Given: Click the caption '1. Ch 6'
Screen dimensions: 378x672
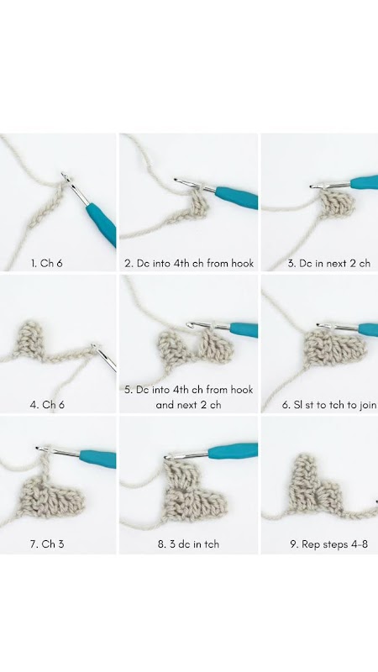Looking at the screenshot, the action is [47, 263].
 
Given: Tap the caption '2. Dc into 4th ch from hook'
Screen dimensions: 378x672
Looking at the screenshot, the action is [189, 263].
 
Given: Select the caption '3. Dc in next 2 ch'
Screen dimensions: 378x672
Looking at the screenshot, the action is [328, 263].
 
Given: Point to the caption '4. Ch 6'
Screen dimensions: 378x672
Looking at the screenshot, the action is [47, 404].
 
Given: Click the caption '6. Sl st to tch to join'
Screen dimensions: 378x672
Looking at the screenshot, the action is [329, 404].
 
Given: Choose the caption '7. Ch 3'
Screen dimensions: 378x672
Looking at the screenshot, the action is [47, 543].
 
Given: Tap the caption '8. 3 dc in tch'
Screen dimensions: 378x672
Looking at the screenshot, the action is [188, 543].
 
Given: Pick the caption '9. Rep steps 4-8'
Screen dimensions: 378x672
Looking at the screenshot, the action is [328, 543].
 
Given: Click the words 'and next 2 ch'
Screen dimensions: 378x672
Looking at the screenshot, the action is [188, 404].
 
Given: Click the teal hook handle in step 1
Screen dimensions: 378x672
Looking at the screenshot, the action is [102, 224].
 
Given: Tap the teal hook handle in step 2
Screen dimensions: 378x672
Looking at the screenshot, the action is [237, 198].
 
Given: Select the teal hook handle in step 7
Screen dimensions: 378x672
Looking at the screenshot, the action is [98, 459].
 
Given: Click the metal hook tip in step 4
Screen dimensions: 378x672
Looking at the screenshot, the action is [103, 357].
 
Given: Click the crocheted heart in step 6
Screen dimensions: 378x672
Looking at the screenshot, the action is [334, 349].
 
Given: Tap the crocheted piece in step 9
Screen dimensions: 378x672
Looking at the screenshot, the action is [316, 487].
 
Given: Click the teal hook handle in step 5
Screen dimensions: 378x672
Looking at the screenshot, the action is [244, 330].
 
